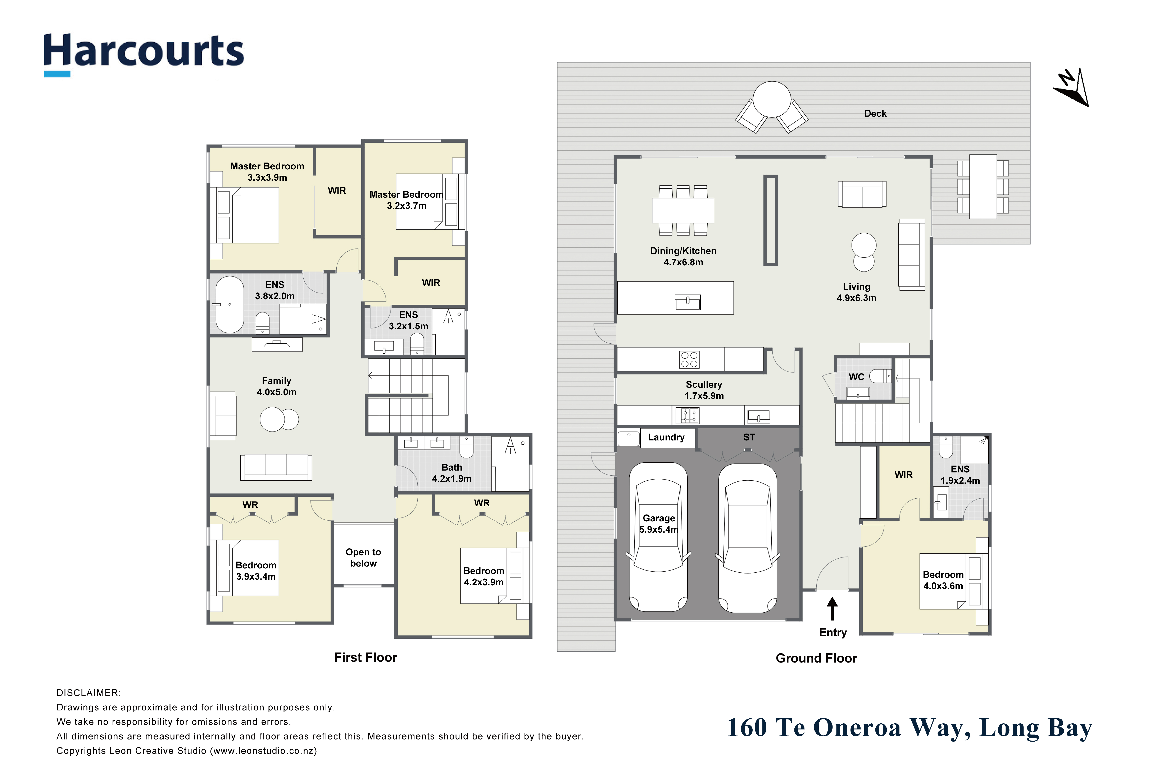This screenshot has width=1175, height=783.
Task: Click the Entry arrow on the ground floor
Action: point(832,609)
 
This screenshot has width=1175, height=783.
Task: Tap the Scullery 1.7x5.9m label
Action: point(704,390)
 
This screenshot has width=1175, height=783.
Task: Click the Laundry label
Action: point(666,438)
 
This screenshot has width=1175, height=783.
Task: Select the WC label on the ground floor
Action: point(856,377)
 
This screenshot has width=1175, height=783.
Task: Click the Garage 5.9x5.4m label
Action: point(659,524)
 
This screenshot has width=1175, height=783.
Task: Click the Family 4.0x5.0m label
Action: point(276,386)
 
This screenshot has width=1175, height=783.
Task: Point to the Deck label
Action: point(875,113)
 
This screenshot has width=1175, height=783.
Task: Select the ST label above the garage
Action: point(749,438)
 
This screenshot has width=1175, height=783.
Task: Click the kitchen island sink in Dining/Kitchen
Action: point(688,302)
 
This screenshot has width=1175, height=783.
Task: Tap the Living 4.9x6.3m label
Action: point(856,292)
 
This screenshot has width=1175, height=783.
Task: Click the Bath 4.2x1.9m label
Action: point(452,473)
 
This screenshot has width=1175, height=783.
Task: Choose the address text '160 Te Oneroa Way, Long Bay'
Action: point(909,728)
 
